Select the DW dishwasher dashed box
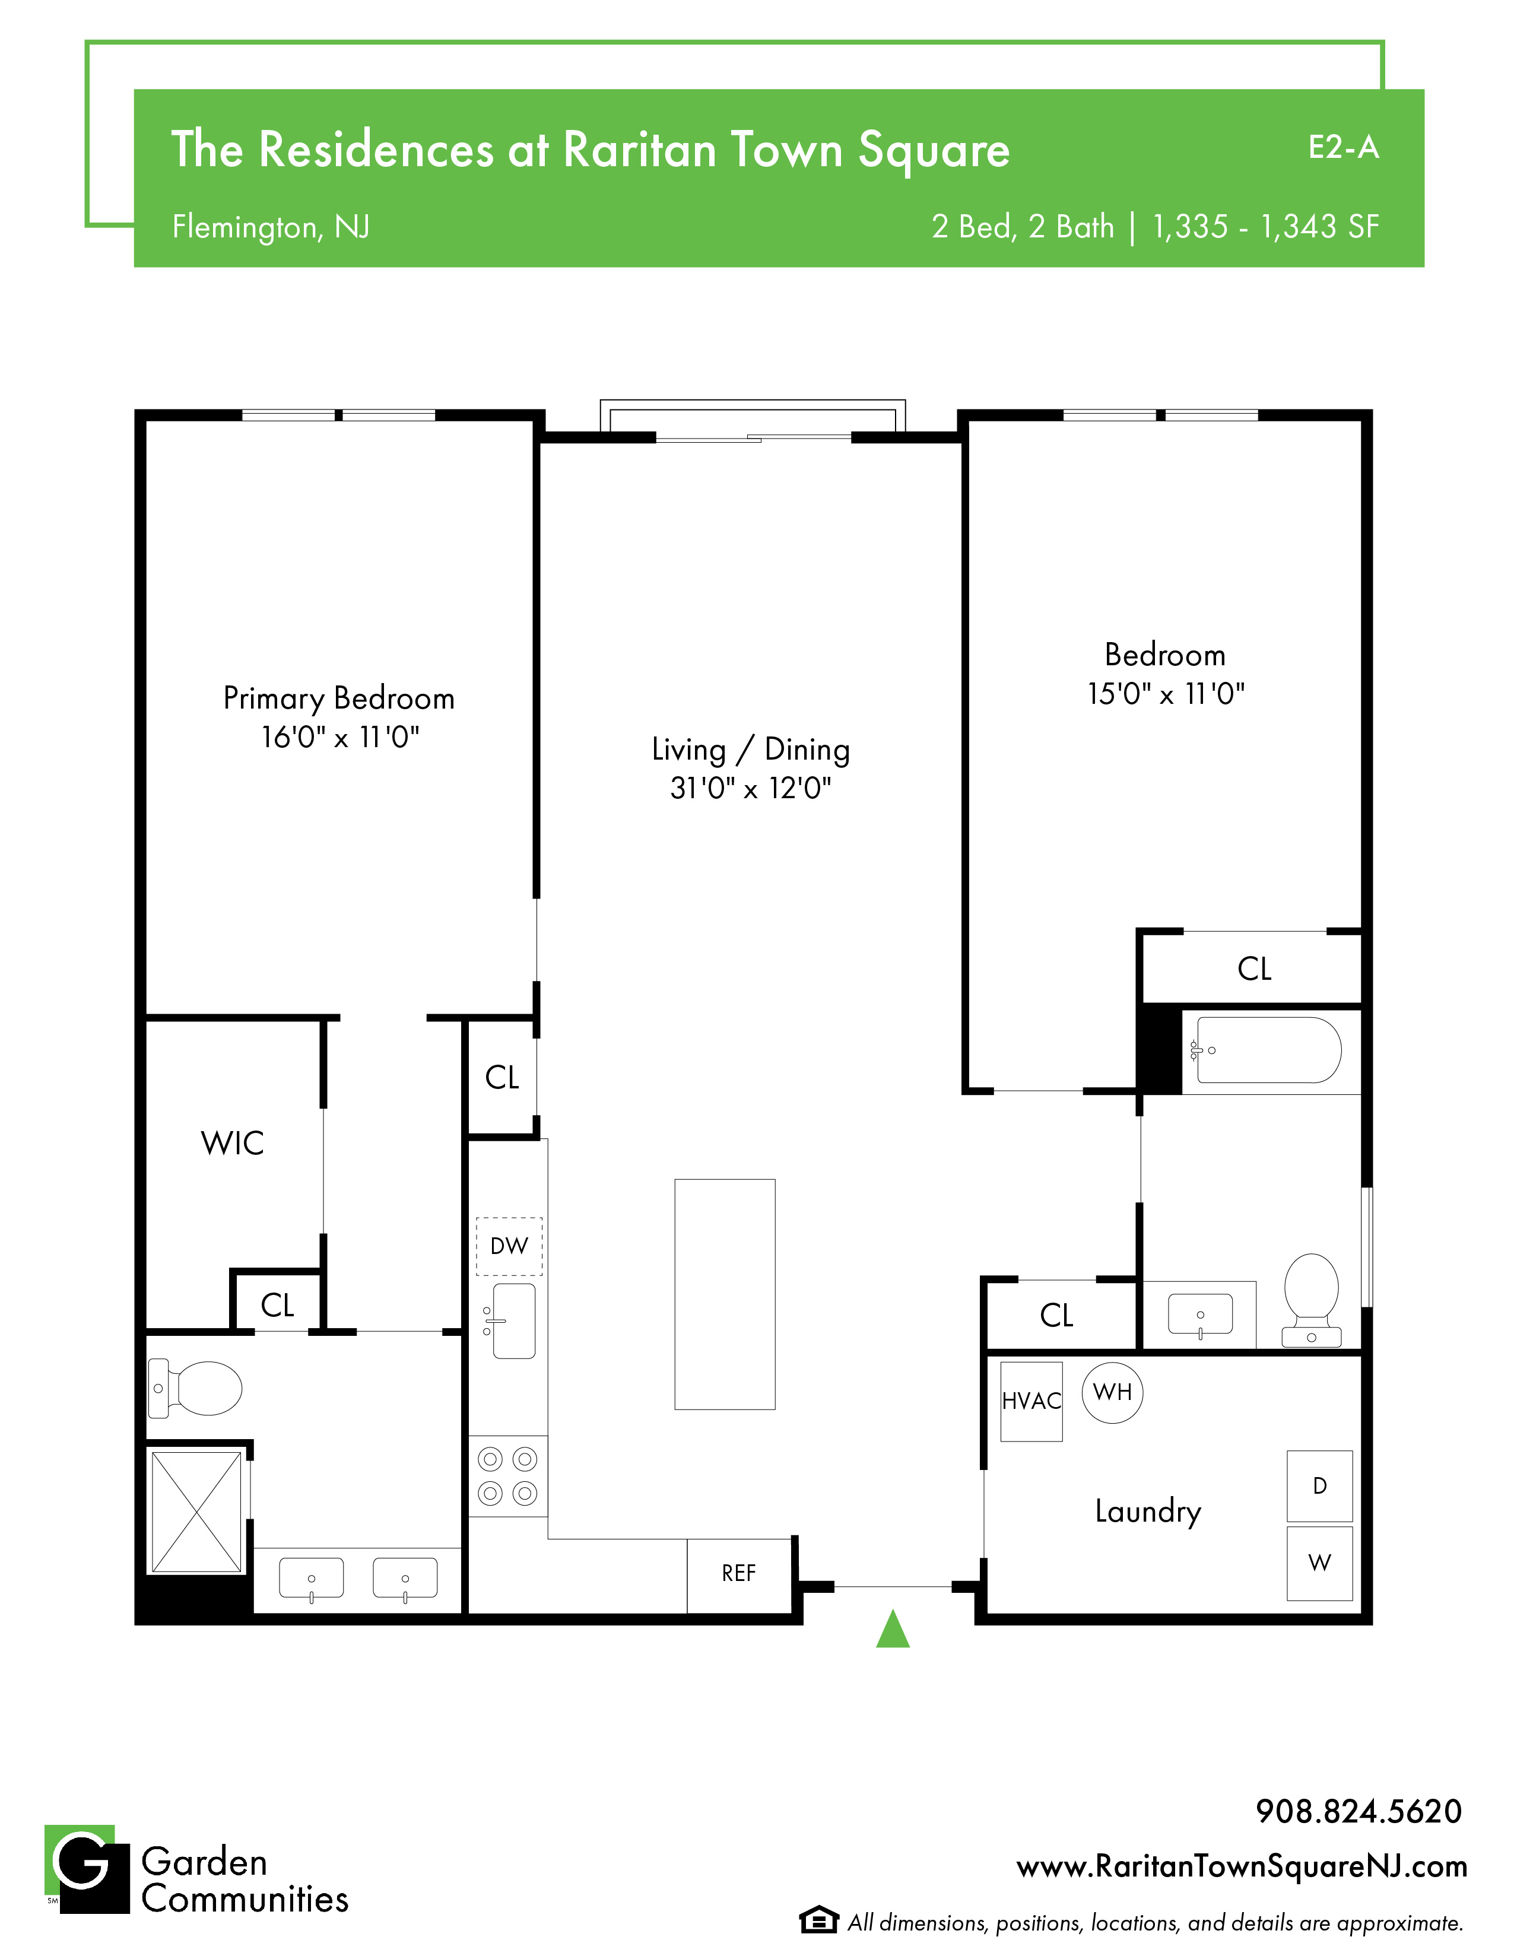[509, 1246]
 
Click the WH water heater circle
[1112, 1392]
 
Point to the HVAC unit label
[1031, 1401]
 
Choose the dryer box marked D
[1319, 1485]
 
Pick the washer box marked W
[1319, 1563]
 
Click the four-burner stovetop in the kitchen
[507, 1477]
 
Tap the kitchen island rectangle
[725, 1294]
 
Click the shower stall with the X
[196, 1512]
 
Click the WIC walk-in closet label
[232, 1143]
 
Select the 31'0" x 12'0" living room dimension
[751, 788]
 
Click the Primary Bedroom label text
[339, 698]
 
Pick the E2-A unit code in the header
[1342, 147]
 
